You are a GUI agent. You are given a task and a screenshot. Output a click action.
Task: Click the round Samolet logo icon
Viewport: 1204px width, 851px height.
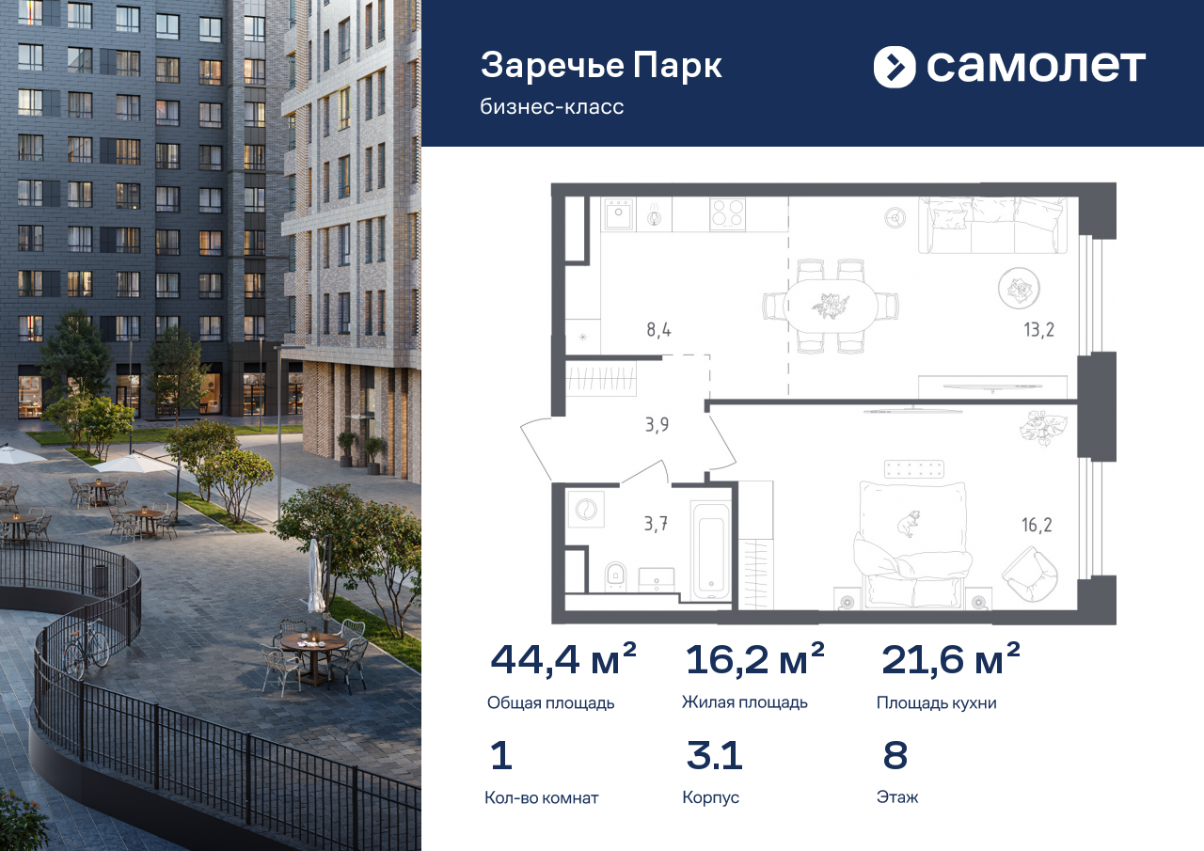point(895,67)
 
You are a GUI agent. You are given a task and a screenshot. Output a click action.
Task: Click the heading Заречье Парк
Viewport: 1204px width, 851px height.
point(601,66)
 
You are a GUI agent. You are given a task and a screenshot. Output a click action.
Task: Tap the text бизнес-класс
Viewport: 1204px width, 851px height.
point(552,107)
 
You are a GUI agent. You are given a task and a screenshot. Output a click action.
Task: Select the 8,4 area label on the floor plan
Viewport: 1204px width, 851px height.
point(658,329)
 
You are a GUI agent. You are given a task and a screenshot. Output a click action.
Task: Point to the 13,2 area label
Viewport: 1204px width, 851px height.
point(1038,329)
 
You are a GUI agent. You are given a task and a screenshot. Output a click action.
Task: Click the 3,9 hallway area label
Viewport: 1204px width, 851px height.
point(657,425)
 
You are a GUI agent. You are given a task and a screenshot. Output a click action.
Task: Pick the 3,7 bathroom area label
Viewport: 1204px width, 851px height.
point(656,523)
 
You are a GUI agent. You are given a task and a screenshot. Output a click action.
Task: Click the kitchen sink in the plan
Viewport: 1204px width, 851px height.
point(619,214)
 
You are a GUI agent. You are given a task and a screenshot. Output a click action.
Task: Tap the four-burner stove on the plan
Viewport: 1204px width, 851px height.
point(727,214)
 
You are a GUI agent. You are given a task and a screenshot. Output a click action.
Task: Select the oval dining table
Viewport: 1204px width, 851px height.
point(831,307)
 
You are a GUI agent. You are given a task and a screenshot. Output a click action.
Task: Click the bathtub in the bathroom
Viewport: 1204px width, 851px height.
point(711,551)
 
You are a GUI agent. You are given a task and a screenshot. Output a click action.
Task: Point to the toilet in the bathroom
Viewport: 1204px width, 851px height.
point(615,576)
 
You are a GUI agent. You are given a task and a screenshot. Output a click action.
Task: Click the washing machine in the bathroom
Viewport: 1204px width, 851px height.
point(586,509)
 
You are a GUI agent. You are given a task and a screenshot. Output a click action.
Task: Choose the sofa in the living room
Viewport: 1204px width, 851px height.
point(992,225)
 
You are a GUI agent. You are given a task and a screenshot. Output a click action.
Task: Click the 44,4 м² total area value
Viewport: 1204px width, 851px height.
point(563,659)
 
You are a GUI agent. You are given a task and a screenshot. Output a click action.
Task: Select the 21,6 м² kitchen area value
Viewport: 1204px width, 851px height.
point(951,659)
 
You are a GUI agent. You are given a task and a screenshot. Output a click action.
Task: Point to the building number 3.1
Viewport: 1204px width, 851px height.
point(714,755)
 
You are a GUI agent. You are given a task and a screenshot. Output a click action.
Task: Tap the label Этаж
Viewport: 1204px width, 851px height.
point(897,797)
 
